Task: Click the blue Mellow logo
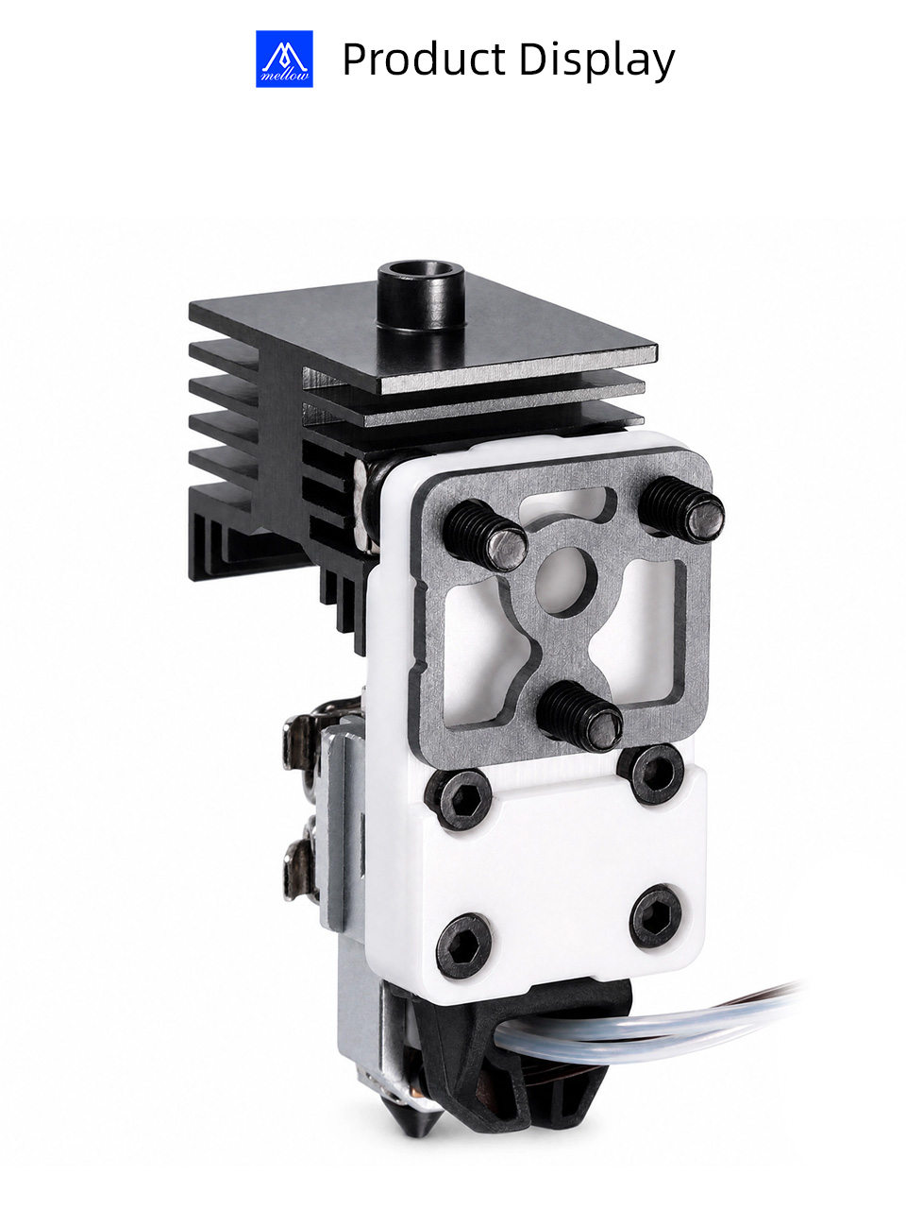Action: [284, 59]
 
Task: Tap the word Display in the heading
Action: [596, 60]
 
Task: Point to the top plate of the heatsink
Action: [424, 342]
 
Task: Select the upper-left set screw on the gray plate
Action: [485, 535]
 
